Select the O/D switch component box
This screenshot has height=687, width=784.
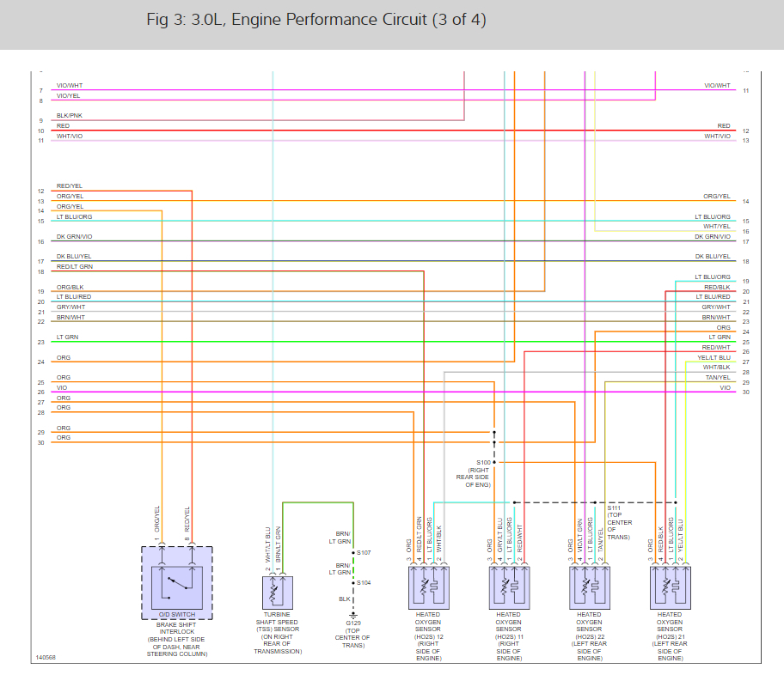click(175, 581)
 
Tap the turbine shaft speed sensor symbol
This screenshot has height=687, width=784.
click(278, 592)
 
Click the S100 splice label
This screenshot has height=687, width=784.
click(483, 462)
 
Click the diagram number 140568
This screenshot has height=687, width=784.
click(46, 658)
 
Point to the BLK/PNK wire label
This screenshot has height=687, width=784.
click(70, 115)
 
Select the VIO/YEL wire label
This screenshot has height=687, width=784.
click(70, 96)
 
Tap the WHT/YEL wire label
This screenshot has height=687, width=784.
click(717, 227)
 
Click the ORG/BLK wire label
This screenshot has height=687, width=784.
click(70, 287)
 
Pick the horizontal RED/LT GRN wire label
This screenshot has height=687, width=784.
click(75, 267)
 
